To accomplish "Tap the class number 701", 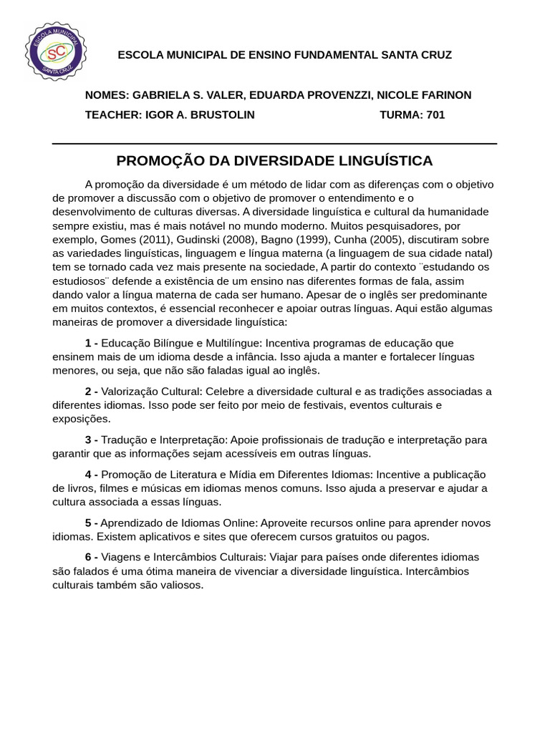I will (x=435, y=115).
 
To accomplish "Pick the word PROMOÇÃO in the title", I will (x=153, y=160).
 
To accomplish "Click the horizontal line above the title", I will (x=274, y=144).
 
